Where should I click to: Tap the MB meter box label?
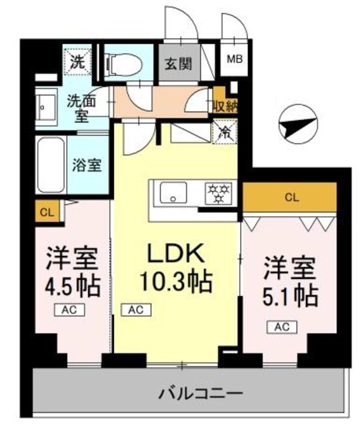[235, 59]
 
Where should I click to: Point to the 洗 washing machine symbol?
[76, 61]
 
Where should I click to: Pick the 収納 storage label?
[223, 105]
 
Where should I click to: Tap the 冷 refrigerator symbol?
[223, 131]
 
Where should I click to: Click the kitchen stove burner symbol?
[217, 193]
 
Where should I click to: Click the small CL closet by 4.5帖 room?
[46, 213]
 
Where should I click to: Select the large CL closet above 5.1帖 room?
[291, 197]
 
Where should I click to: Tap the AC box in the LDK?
[135, 309]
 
